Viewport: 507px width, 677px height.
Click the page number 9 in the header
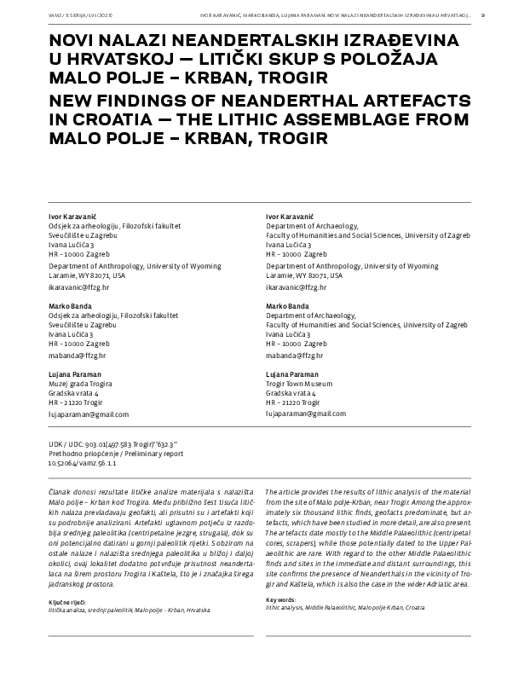click(x=483, y=14)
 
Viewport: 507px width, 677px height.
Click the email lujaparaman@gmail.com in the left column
click(x=89, y=414)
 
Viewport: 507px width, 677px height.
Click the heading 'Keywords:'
click(x=284, y=576)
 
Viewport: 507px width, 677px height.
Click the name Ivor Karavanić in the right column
click(x=291, y=217)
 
